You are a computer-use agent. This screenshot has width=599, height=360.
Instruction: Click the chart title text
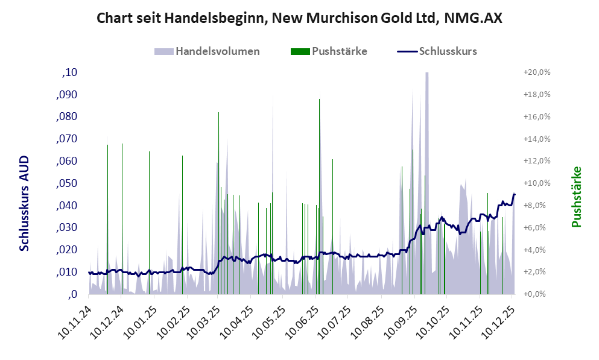tap(299, 19)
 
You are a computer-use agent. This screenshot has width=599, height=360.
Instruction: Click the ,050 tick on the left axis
tap(66, 183)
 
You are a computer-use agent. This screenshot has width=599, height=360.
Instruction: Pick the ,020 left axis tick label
tap(66, 250)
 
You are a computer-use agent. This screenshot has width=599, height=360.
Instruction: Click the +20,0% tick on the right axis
tap(536, 72)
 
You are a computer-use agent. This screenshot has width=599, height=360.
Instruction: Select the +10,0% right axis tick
tap(536, 183)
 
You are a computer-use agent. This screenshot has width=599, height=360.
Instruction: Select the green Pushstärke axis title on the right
tap(576, 197)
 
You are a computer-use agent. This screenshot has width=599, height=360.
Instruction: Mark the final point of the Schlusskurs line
tap(515, 194)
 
